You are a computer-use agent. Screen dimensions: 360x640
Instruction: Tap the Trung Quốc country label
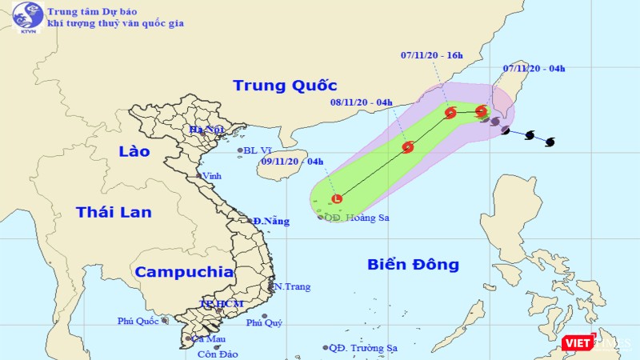click(x=284, y=86)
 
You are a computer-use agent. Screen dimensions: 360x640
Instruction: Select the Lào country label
click(x=134, y=151)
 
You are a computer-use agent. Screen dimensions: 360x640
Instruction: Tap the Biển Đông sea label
click(x=413, y=264)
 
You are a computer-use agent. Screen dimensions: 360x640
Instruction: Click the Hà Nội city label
click(x=205, y=129)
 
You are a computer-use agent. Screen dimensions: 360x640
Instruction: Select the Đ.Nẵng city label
click(x=270, y=221)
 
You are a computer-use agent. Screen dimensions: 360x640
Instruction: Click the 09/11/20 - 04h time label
click(x=292, y=162)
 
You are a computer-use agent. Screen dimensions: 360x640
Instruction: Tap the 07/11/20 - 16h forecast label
click(x=433, y=55)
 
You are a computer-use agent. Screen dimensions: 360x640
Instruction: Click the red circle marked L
click(x=337, y=199)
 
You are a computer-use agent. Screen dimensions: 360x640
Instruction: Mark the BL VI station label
click(x=258, y=150)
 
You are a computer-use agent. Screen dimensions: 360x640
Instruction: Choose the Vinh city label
click(x=212, y=176)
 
